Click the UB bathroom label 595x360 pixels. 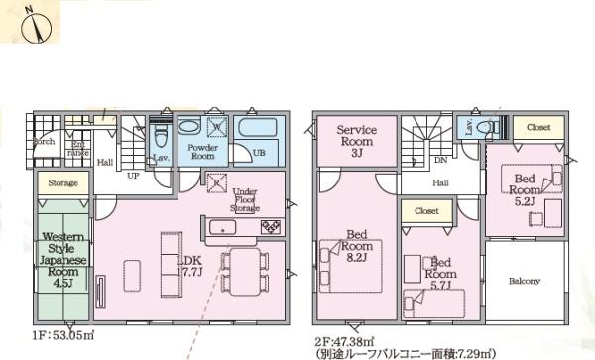point(258,153)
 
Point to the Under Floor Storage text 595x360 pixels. point(245,201)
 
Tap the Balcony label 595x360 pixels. point(525,282)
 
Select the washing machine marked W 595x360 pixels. point(217,127)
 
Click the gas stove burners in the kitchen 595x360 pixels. point(271,228)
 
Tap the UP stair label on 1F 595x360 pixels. point(132,175)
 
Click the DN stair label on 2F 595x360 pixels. point(440,160)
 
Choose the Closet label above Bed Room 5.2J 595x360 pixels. point(538,127)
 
